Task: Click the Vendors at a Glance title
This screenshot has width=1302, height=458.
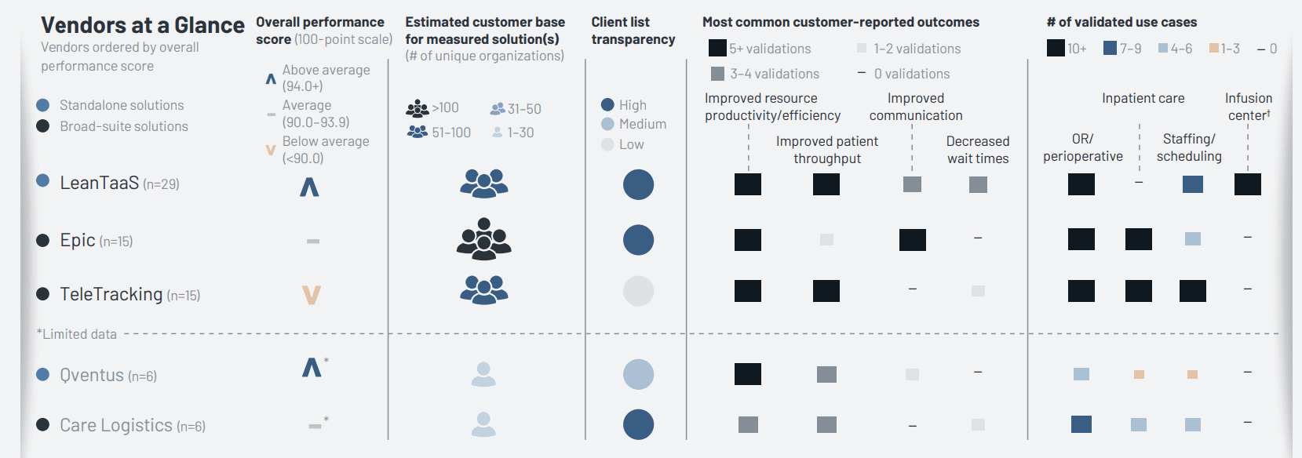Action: (x=142, y=25)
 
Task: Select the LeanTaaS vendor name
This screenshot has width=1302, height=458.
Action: (x=99, y=183)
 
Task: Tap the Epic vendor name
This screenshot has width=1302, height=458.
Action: (x=78, y=240)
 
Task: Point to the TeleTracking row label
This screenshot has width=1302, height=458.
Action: (x=111, y=294)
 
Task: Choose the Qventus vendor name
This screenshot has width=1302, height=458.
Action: (x=92, y=375)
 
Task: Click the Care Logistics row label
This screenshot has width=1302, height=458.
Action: (x=116, y=425)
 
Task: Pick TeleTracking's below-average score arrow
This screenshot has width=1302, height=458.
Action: (x=312, y=295)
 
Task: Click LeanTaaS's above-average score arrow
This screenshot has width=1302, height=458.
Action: (x=309, y=187)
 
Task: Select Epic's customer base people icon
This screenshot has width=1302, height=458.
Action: (x=484, y=239)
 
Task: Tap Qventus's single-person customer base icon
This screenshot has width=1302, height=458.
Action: (x=483, y=374)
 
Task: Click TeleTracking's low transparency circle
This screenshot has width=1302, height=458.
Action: (x=638, y=291)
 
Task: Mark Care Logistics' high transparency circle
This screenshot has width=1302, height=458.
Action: (x=638, y=424)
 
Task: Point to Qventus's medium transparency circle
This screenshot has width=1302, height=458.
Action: (x=638, y=374)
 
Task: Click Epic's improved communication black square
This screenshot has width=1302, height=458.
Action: (x=912, y=240)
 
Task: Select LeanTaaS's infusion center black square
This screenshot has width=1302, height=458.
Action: (x=1247, y=184)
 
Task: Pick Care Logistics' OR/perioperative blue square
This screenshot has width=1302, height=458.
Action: (x=1081, y=424)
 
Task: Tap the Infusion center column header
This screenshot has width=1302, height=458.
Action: (x=1248, y=107)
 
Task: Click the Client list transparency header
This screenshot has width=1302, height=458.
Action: (x=633, y=31)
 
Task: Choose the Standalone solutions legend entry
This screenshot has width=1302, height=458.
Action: (x=122, y=105)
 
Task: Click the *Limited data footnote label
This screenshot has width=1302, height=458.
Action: (x=77, y=334)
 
